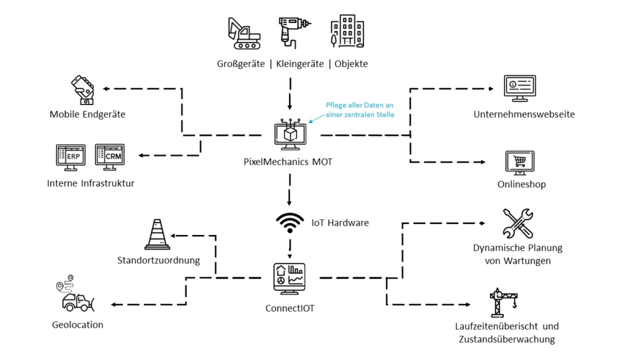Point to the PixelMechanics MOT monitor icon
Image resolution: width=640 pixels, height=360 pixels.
289,136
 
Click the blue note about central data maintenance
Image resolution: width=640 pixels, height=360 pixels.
360,109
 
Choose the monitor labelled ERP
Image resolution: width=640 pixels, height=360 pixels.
70,158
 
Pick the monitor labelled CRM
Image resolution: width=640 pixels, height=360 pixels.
110,158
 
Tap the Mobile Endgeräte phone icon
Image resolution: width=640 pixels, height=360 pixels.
84,90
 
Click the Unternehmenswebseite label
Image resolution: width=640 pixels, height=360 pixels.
524,114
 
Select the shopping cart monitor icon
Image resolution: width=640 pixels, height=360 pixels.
520,163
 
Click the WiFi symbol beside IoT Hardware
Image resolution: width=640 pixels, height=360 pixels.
290,223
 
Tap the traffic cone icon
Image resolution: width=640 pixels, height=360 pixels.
157,235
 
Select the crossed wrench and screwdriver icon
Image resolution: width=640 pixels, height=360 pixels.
518,224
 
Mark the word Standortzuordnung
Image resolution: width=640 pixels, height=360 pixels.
158,260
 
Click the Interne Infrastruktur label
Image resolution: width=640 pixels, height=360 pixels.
91,183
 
